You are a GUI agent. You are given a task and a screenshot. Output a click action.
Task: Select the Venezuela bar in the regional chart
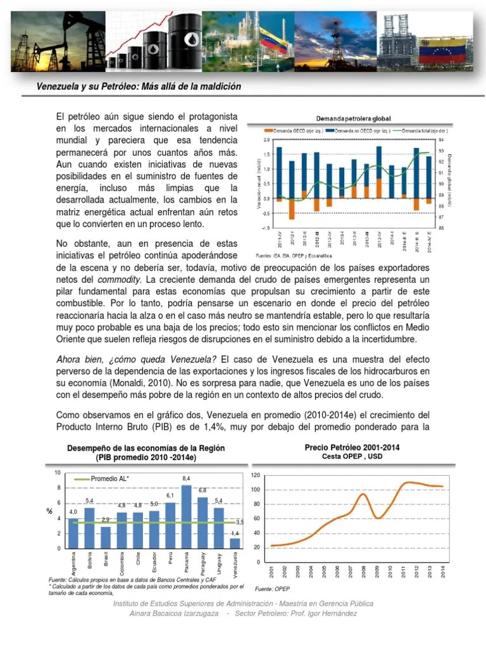235,543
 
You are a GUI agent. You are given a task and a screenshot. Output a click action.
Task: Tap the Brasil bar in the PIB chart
106,537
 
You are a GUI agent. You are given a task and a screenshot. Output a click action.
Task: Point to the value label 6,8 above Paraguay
202,490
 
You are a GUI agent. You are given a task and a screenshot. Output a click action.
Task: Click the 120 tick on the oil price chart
256,475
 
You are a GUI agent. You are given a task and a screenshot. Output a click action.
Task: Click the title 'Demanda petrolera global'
354,118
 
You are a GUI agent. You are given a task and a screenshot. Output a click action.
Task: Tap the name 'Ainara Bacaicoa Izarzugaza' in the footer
173,614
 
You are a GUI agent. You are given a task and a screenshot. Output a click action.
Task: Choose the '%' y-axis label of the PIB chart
49,511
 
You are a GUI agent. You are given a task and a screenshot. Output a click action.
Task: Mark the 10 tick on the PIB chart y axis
58,473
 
